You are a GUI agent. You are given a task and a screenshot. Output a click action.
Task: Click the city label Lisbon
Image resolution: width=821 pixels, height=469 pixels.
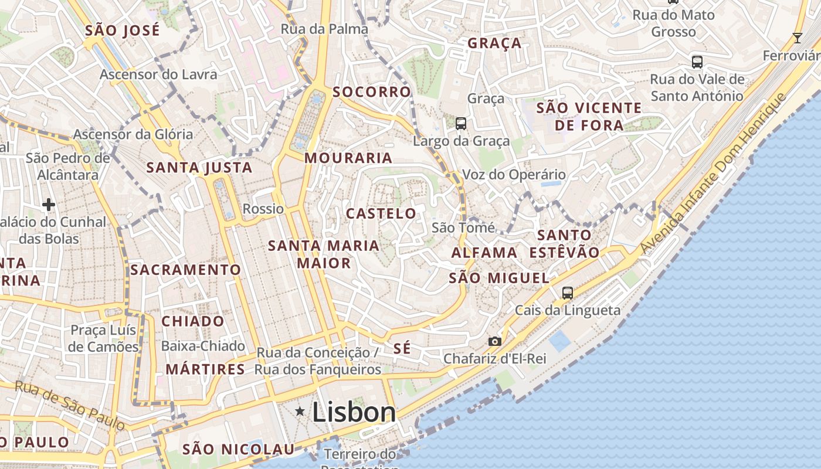pyautogui.click(x=354, y=412)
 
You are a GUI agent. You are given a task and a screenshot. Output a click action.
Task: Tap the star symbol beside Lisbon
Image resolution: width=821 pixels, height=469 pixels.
pyautogui.click(x=300, y=412)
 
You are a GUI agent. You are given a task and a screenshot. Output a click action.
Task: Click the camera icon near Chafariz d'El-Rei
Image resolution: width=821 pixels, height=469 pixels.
pyautogui.click(x=495, y=341)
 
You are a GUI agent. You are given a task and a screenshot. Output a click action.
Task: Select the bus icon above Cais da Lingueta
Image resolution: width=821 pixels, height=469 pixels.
pyautogui.click(x=567, y=293)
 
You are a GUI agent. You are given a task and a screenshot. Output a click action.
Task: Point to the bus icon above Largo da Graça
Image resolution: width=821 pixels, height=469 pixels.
pyautogui.click(x=461, y=123)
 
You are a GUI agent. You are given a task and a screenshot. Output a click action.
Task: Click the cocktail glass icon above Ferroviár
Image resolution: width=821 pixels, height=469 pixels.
pyautogui.click(x=797, y=39)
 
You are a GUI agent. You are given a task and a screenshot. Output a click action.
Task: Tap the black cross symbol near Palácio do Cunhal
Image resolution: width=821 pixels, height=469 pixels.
pyautogui.click(x=49, y=205)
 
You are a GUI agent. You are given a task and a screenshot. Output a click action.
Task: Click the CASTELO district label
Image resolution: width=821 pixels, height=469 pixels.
pyautogui.click(x=381, y=213)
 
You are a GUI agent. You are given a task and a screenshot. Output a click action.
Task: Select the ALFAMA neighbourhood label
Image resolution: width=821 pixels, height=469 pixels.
pyautogui.click(x=484, y=253)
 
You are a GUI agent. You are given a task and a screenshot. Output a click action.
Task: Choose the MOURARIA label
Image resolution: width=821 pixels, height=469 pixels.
pyautogui.click(x=348, y=158)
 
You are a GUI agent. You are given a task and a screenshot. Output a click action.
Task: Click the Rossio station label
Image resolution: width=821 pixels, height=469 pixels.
pyautogui.click(x=263, y=209)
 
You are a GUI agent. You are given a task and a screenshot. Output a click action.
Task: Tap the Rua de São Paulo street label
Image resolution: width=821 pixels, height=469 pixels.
pyautogui.click(x=70, y=405)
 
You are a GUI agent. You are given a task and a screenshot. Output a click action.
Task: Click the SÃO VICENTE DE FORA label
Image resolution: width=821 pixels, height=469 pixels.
pyautogui.click(x=589, y=116)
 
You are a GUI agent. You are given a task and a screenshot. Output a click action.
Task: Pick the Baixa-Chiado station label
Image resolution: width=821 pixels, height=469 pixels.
pyautogui.click(x=203, y=346)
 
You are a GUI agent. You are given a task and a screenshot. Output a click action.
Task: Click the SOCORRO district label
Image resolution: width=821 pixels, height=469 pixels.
pyautogui.click(x=372, y=92)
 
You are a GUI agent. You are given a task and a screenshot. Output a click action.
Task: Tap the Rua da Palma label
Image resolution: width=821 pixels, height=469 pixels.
pyautogui.click(x=324, y=29)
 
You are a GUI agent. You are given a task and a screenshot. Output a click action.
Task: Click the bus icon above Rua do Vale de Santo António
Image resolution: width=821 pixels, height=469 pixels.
pyautogui.click(x=697, y=62)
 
